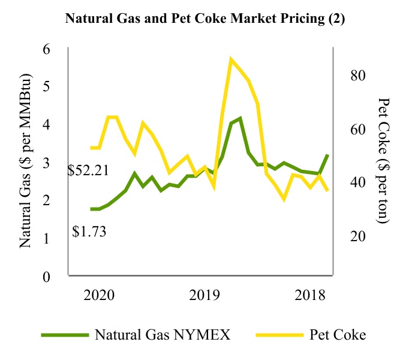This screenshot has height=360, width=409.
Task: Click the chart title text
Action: pos(204,19)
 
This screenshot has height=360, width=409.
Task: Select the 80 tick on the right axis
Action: pos(350,76)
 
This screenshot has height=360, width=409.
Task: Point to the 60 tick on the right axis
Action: pos(350,129)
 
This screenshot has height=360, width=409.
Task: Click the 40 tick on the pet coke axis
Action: pos(350,182)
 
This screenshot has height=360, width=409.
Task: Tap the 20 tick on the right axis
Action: pos(350,236)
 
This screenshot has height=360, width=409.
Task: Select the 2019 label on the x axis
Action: pos(204,295)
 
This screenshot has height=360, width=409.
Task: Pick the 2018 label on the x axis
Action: pos(310,295)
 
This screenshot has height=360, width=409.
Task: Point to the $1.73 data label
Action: pos(89,231)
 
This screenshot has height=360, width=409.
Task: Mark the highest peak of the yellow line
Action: pos(231,59)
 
